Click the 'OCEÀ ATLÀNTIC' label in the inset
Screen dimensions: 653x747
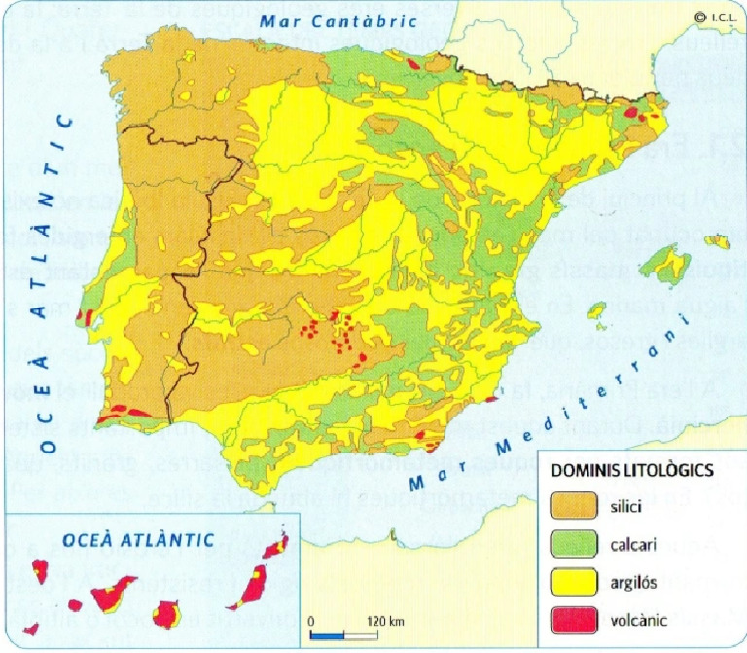(133, 538)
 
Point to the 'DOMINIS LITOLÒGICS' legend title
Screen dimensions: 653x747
(633, 470)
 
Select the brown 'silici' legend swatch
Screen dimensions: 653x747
(577, 506)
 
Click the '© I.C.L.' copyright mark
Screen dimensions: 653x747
(714, 15)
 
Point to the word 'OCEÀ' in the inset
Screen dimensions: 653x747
(88, 538)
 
